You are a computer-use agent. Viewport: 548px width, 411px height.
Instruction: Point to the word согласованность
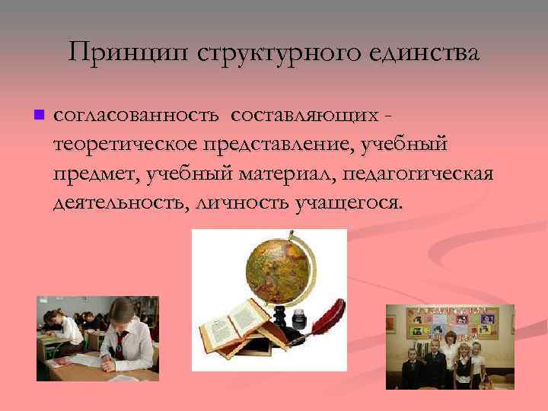[x=136, y=115]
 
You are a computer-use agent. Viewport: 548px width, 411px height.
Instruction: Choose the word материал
[x=280, y=174]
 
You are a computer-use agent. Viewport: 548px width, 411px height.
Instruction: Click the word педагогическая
[x=419, y=174]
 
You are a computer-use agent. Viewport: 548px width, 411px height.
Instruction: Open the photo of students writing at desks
[x=97, y=338]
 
